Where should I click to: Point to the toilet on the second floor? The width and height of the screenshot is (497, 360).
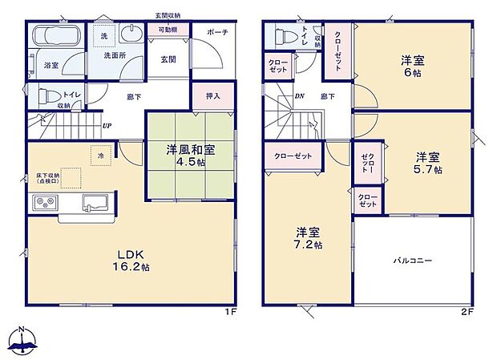283,37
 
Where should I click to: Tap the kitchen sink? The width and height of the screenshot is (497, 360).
95,201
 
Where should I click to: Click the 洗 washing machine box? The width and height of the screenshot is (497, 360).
104,37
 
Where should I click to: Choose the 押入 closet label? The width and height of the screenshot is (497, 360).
212,95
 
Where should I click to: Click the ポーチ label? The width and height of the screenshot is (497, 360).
217,32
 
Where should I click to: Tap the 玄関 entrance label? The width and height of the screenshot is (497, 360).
168,59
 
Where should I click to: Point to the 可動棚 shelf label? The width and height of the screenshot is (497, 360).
168,30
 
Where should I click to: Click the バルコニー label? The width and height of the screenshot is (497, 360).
413,261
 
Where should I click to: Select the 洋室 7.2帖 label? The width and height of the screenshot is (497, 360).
307,238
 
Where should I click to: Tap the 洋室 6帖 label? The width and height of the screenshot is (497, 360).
413,65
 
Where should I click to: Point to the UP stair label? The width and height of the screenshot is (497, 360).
107,126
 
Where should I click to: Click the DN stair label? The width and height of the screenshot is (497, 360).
300,96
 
